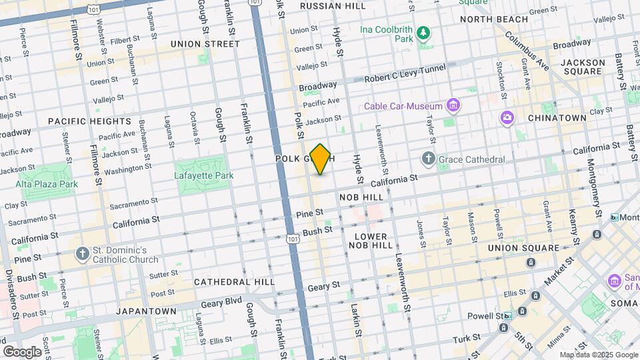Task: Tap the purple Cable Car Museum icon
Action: (454, 105)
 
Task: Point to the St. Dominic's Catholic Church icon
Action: (82, 254)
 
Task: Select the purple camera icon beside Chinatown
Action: (507, 117)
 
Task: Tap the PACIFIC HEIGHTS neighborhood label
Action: (90, 121)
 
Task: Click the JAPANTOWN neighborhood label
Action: (146, 311)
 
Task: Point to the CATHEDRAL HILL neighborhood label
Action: (234, 282)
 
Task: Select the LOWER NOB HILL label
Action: (371, 241)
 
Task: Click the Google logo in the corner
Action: (23, 351)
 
